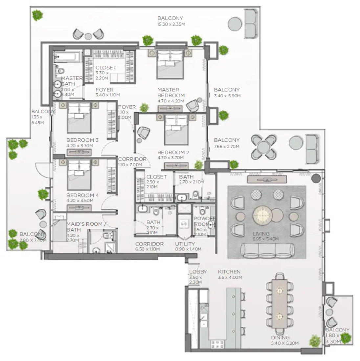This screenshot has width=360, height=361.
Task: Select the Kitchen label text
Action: click(229, 272)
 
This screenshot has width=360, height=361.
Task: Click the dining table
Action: click(280, 303)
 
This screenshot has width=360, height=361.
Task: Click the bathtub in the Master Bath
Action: click(67, 57)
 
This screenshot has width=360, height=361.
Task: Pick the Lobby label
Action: click(198, 272)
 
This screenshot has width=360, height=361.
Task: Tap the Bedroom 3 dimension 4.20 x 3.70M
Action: click(82, 146)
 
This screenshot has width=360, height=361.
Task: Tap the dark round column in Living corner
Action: click(316, 179)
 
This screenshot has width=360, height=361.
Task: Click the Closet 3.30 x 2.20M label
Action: click(106, 67)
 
